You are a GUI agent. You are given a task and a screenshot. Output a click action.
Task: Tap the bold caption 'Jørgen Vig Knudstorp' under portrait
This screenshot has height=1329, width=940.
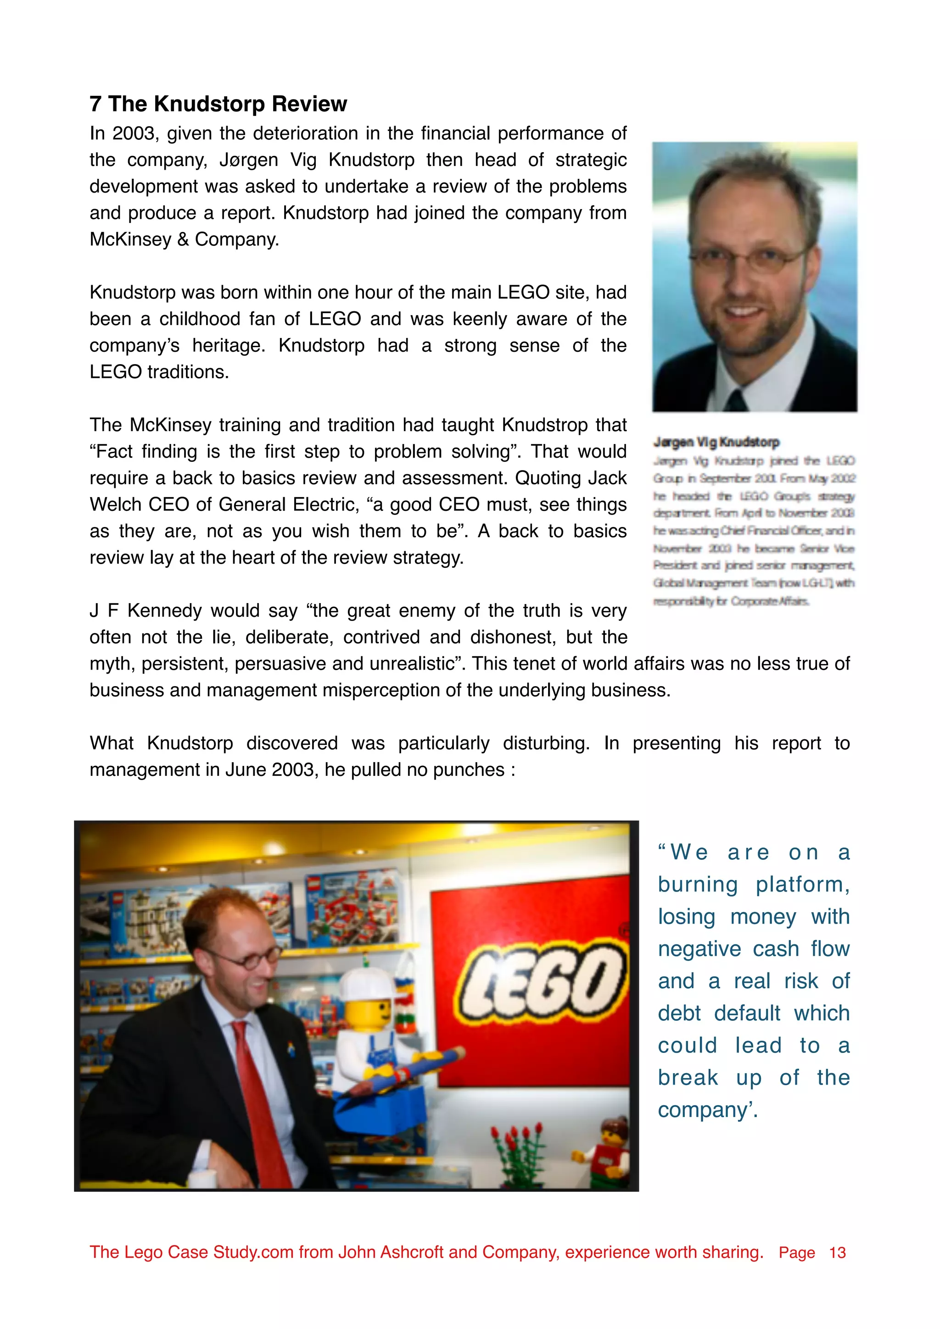(716, 442)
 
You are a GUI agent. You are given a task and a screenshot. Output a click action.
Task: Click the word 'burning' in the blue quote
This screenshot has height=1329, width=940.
(698, 885)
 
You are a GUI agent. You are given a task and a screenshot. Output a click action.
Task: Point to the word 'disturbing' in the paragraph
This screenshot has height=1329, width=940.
(545, 743)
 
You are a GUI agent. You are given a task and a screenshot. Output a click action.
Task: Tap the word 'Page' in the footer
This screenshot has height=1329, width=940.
(796, 1252)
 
